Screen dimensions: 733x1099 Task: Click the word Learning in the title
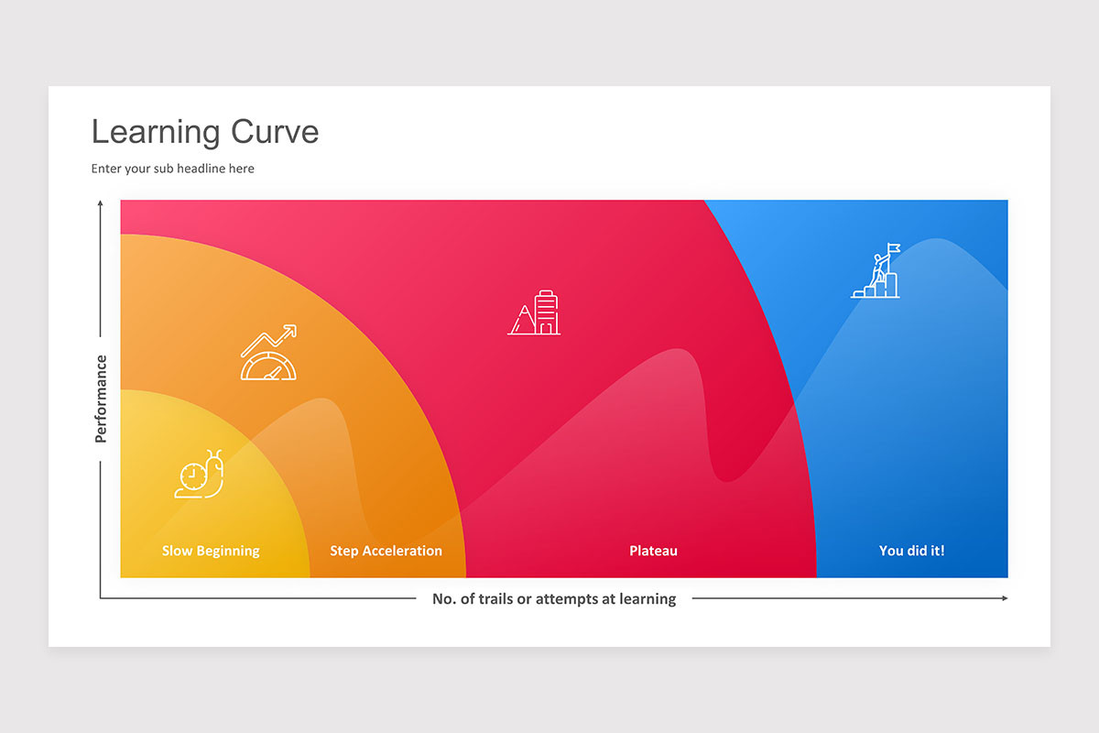pyautogui.click(x=156, y=132)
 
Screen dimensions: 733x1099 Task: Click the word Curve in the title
pyautogui.click(x=275, y=132)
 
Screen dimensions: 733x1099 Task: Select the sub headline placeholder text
pyautogui.click(x=172, y=169)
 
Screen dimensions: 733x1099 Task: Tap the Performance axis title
pyautogui.click(x=101, y=399)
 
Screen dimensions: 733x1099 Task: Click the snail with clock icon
pyautogui.click(x=200, y=475)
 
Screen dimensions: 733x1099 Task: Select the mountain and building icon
pyautogui.click(x=534, y=312)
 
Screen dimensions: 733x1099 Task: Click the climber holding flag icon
pyautogui.click(x=876, y=271)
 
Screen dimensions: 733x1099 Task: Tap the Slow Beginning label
pyautogui.click(x=211, y=551)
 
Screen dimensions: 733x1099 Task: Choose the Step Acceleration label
pyautogui.click(x=386, y=551)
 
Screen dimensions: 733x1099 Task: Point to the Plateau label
pyautogui.click(x=653, y=551)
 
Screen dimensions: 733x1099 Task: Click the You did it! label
pyautogui.click(x=911, y=551)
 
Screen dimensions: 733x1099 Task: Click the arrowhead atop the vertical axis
pyautogui.click(x=100, y=203)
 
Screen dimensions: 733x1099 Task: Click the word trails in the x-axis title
pyautogui.click(x=495, y=599)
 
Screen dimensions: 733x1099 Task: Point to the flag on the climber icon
pyautogui.click(x=893, y=247)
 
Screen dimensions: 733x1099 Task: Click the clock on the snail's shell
pyautogui.click(x=192, y=476)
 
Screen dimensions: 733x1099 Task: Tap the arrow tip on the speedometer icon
pyautogui.click(x=291, y=329)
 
